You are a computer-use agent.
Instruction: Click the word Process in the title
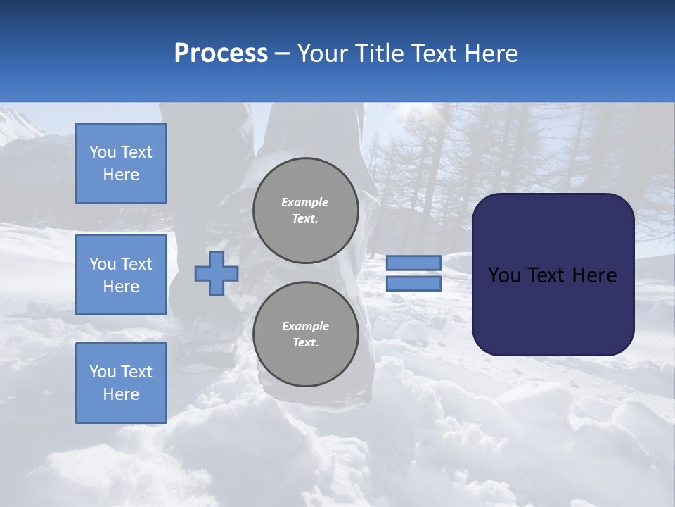[221, 54]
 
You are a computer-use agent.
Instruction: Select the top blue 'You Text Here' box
[121, 163]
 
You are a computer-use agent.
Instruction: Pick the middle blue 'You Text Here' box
[121, 275]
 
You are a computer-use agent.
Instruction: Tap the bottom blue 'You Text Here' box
[121, 382]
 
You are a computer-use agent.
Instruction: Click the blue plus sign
[217, 273]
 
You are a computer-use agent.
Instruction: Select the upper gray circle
[305, 210]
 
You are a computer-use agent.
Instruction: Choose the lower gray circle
[305, 334]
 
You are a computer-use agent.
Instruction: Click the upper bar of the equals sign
[413, 263]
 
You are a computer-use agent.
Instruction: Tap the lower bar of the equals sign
[413, 284]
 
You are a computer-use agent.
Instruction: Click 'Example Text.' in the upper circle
[304, 210]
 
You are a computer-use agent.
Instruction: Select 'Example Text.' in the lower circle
[305, 334]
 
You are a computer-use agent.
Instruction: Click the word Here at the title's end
[491, 54]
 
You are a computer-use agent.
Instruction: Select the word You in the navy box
[504, 275]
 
